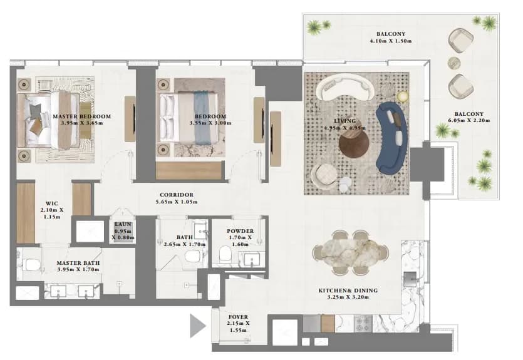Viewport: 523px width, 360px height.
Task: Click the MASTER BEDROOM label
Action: [x=81, y=116]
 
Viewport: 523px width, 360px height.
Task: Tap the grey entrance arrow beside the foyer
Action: [x=197, y=326]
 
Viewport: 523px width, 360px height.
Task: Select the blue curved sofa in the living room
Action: [x=392, y=138]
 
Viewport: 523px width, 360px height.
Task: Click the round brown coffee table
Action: [x=354, y=145]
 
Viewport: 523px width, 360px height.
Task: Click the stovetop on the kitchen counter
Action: [x=363, y=323]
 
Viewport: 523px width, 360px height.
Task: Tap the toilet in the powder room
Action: [x=225, y=254]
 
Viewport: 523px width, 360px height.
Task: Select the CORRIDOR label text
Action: [x=177, y=195]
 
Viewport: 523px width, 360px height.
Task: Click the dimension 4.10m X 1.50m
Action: [x=391, y=41]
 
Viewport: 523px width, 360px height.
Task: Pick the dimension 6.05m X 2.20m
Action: [x=469, y=120]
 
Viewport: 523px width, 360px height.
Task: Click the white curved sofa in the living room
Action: [x=345, y=87]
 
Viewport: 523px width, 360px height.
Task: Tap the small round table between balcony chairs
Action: [x=454, y=63]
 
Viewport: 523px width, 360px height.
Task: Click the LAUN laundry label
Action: [x=123, y=224]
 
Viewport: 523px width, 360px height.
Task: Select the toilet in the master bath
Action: [x=33, y=265]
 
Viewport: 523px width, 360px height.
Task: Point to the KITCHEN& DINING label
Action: [x=348, y=291]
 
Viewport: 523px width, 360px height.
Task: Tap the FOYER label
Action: [x=238, y=317]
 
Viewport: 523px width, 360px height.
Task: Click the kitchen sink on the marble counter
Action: [x=410, y=279]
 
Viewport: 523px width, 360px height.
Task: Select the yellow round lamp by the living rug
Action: [x=403, y=96]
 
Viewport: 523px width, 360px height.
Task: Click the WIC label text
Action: [x=52, y=203]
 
